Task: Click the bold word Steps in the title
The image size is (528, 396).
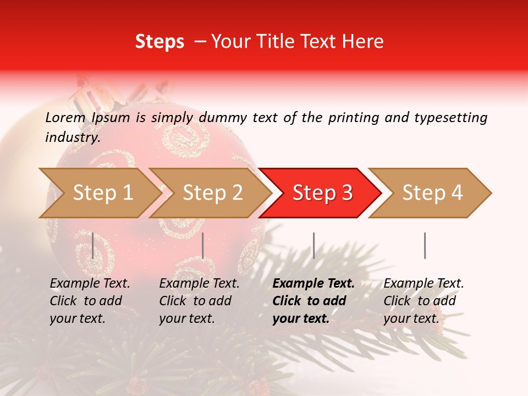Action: click(159, 42)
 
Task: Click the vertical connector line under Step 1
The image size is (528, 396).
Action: click(92, 245)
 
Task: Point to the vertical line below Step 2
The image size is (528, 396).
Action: click(203, 245)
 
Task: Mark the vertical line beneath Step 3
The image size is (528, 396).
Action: click(313, 245)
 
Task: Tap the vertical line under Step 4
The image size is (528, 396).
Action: click(425, 245)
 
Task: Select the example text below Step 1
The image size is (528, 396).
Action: click(90, 301)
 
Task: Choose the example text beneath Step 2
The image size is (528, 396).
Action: click(199, 301)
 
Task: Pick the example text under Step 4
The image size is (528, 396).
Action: click(424, 301)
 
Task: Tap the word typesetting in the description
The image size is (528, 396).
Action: click(450, 118)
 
